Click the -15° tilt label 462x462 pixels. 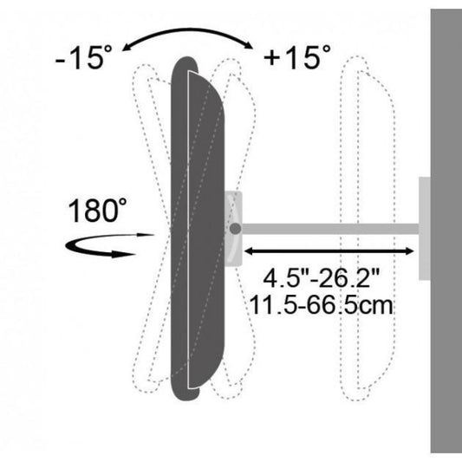84,57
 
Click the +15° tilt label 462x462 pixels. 297,57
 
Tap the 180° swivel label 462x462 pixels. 98,211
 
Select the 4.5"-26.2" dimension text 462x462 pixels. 322,278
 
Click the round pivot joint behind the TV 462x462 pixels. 235,229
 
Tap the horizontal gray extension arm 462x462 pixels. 330,229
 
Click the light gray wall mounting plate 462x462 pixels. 425,228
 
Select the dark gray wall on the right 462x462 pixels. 446,231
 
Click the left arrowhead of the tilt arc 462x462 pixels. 126,48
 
